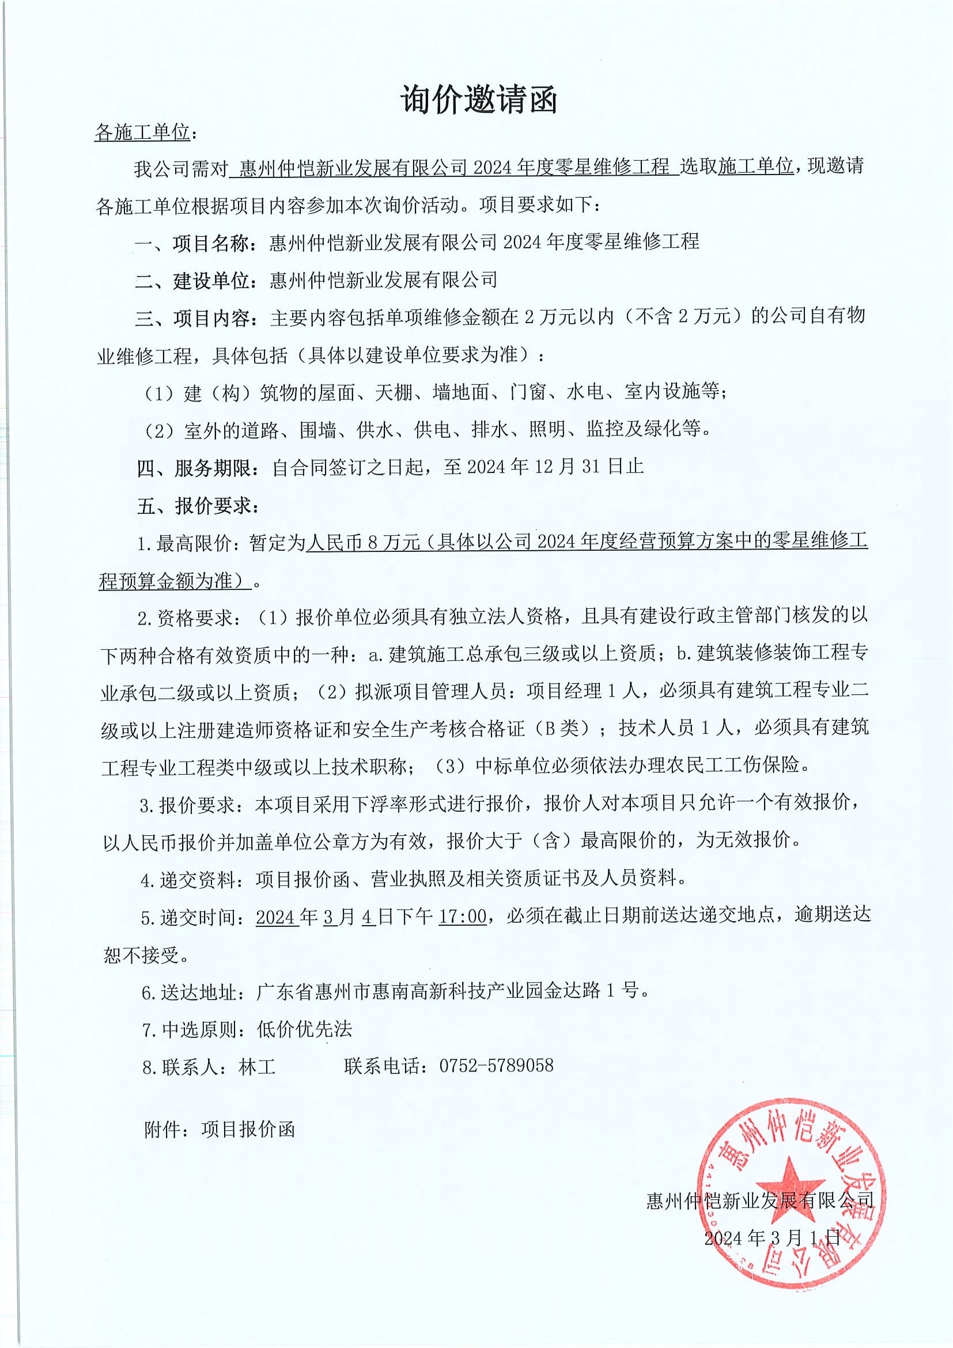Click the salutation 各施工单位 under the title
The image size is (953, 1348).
(x=142, y=133)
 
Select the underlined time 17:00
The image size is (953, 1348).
(x=463, y=917)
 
